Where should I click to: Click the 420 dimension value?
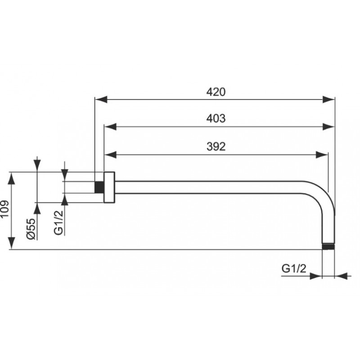coord(216,92)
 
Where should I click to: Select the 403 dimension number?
coord(216,118)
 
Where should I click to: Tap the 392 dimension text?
coord(216,147)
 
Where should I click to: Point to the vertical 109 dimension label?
coord(4,209)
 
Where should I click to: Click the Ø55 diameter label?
coord(31,229)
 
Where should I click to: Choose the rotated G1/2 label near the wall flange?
coord(58,222)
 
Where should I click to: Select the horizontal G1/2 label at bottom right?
coord(294,268)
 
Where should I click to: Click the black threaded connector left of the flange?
coord(99,187)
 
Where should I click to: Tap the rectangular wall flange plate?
coord(109,187)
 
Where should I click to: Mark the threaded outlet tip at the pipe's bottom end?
coord(328,247)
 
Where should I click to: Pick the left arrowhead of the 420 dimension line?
coord(101,99)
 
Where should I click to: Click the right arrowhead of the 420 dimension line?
coord(328,99)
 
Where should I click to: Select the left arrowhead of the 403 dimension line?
coord(110,126)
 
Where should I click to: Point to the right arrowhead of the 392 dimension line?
coord(322,155)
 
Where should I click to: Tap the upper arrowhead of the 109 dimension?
coord(12,178)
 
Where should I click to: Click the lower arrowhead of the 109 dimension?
coord(12,243)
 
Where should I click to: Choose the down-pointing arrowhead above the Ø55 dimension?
coord(37,166)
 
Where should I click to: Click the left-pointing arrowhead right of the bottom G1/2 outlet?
coord(341,276)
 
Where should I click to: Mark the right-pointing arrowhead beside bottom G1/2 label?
coord(316,276)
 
